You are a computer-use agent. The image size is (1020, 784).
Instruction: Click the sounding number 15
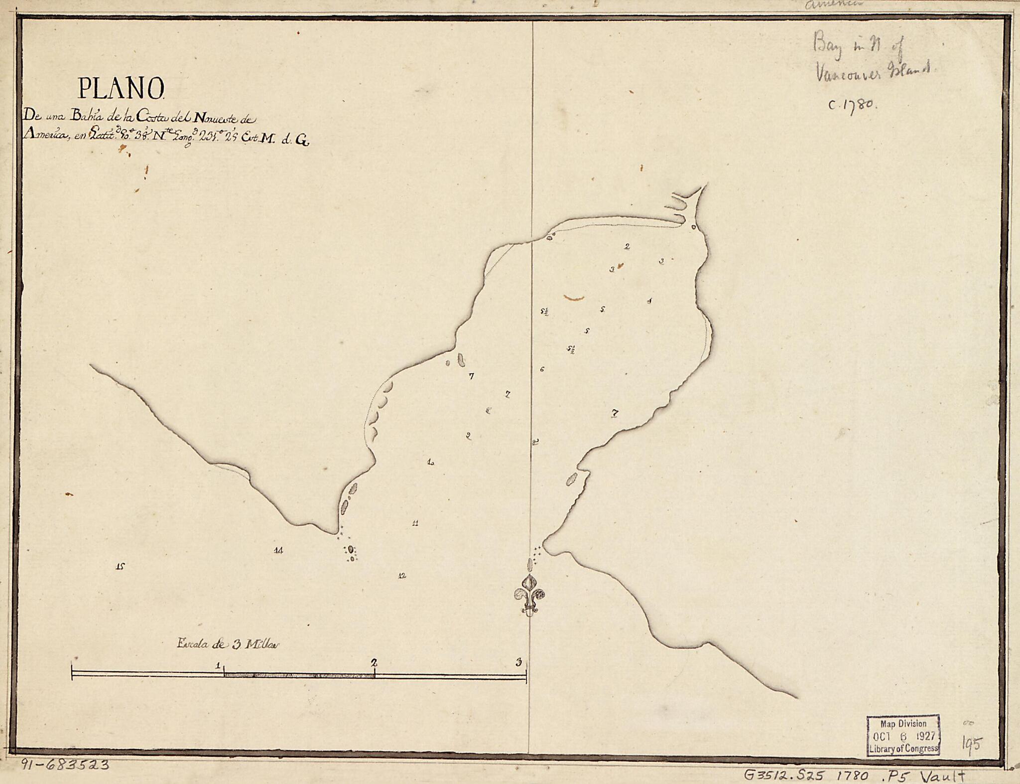coord(120,566)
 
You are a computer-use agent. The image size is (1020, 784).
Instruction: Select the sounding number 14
coord(278,550)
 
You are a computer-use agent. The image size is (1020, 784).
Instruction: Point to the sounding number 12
coord(402,576)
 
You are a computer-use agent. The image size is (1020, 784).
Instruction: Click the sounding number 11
coord(415,523)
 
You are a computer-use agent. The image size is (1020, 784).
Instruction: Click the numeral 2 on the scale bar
coord(374,663)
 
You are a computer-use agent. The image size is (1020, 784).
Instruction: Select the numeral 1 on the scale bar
coord(218,665)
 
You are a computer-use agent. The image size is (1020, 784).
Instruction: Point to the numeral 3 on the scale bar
coord(519,662)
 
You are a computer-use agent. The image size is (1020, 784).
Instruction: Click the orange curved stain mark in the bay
coord(574,298)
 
